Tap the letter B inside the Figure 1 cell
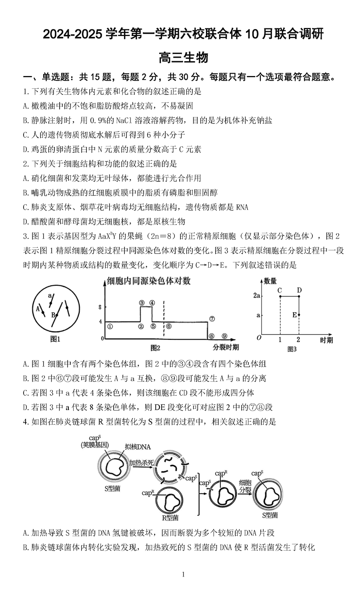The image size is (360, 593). [52, 315]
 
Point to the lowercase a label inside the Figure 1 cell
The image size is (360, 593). [50, 295]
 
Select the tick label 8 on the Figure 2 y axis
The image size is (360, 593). [100, 307]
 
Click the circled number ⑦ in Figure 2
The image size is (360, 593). [212, 319]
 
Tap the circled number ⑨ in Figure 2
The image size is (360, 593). [224, 336]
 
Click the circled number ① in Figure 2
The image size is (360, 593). [110, 326]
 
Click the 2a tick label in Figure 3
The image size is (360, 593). [257, 296]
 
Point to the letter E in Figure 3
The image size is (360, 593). [294, 315]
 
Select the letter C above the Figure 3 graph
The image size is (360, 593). [280, 290]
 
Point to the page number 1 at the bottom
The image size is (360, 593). [183, 575]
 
